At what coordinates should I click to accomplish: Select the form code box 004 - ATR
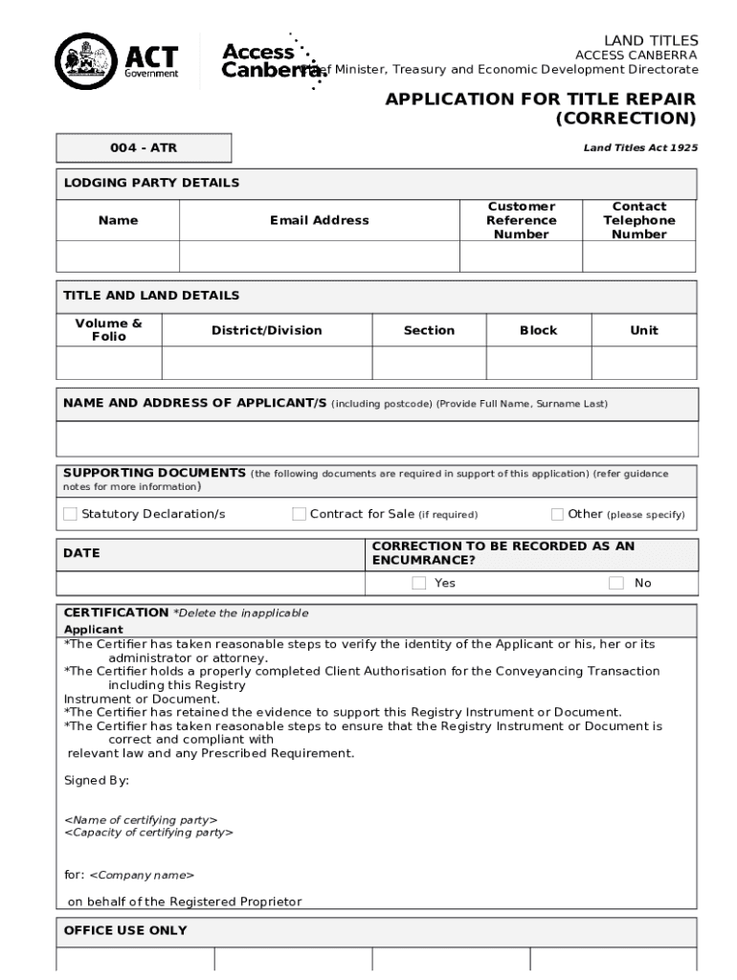(144, 148)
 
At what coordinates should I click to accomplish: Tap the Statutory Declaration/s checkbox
(70, 515)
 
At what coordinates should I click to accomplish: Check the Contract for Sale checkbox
(299, 515)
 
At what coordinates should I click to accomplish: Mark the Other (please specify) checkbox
(558, 515)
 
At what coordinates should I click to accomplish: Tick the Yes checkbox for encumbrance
(419, 583)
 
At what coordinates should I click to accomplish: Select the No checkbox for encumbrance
(616, 583)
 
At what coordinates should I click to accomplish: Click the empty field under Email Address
(319, 256)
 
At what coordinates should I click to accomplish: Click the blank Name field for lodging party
(118, 256)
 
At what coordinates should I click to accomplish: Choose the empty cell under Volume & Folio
(108, 364)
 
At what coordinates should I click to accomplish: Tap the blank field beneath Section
(429, 364)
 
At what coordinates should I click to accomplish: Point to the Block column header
(538, 330)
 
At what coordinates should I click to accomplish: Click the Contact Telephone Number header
(638, 220)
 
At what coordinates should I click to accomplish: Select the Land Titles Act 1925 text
(640, 148)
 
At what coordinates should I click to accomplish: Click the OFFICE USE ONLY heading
(125, 930)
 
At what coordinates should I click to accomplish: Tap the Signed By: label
(97, 781)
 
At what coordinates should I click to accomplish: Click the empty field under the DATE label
(212, 583)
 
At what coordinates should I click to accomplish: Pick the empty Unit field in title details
(644, 364)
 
